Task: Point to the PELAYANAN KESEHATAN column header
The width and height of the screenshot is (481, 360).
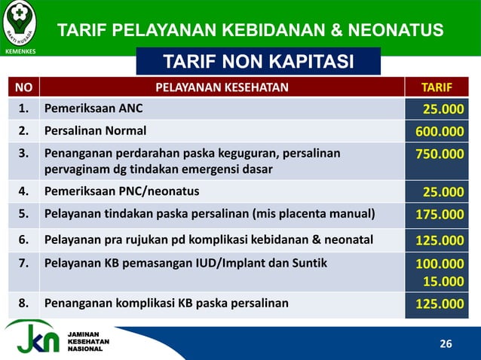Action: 222,87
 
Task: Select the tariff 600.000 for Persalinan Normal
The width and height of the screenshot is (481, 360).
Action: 440,132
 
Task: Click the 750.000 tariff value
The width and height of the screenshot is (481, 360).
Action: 440,154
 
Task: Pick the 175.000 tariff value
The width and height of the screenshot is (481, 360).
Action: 440,215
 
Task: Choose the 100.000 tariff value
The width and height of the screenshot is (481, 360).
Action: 440,265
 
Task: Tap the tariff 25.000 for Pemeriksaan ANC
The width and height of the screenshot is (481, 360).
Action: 443,110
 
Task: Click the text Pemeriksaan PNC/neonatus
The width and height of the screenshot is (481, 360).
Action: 122,191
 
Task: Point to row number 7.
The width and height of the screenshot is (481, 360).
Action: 23,264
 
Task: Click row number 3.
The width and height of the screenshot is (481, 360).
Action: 23,154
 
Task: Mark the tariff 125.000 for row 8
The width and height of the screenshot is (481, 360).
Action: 440,304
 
